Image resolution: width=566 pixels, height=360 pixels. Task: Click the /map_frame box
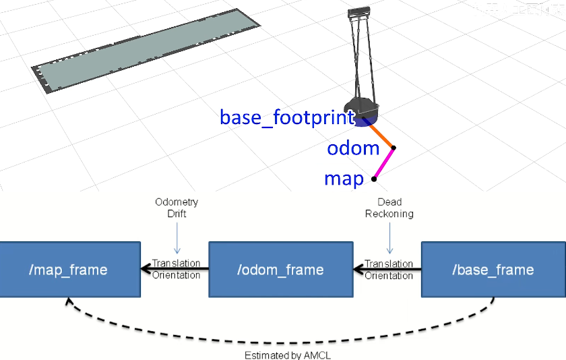point(69,270)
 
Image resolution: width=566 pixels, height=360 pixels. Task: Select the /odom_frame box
point(280,270)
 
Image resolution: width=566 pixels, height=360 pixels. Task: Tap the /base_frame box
point(493,270)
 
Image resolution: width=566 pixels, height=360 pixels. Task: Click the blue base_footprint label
point(287,117)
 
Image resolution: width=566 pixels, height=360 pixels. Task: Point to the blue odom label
point(353,148)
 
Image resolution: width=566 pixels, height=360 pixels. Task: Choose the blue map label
point(344,179)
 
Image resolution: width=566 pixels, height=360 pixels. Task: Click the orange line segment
point(381,134)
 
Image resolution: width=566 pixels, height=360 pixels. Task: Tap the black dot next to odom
point(394,148)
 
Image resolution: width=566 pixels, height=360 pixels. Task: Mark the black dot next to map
point(374,179)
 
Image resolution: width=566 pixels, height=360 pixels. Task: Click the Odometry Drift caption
point(177,208)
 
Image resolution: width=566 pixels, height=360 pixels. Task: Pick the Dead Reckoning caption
point(389,208)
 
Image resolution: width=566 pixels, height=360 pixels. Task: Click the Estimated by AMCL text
point(288,355)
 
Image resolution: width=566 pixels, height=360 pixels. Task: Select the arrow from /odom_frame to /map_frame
point(175,270)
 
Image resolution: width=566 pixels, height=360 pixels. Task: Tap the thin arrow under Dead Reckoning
point(389,237)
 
